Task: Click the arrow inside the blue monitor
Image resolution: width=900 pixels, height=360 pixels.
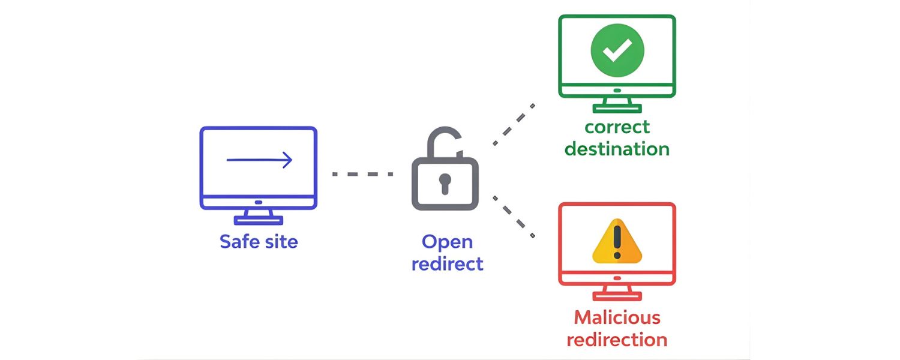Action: [259, 160]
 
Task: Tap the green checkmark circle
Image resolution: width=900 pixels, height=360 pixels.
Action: [617, 50]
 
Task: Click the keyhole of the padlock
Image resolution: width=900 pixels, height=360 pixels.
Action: [445, 182]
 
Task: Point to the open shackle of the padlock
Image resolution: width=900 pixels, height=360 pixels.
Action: [443, 142]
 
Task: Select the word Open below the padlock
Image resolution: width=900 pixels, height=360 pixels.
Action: [447, 242]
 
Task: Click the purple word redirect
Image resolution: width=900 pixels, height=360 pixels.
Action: [447, 264]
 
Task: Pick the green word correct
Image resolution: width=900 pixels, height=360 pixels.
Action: [617, 127]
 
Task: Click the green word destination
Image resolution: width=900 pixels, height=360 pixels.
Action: [617, 149]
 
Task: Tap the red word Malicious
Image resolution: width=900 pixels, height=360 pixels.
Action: [617, 317]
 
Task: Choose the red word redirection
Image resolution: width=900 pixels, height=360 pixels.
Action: [617, 340]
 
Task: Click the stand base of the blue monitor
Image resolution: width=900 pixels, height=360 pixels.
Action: [258, 221]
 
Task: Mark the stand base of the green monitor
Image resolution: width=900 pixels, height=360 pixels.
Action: [617, 109]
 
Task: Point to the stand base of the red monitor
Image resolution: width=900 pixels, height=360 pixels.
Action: [617, 296]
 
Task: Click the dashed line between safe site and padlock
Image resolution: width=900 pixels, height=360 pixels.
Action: [362, 174]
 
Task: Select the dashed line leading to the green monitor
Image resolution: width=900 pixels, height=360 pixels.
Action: [514, 124]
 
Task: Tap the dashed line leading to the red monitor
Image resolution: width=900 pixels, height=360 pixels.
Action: [514, 217]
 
